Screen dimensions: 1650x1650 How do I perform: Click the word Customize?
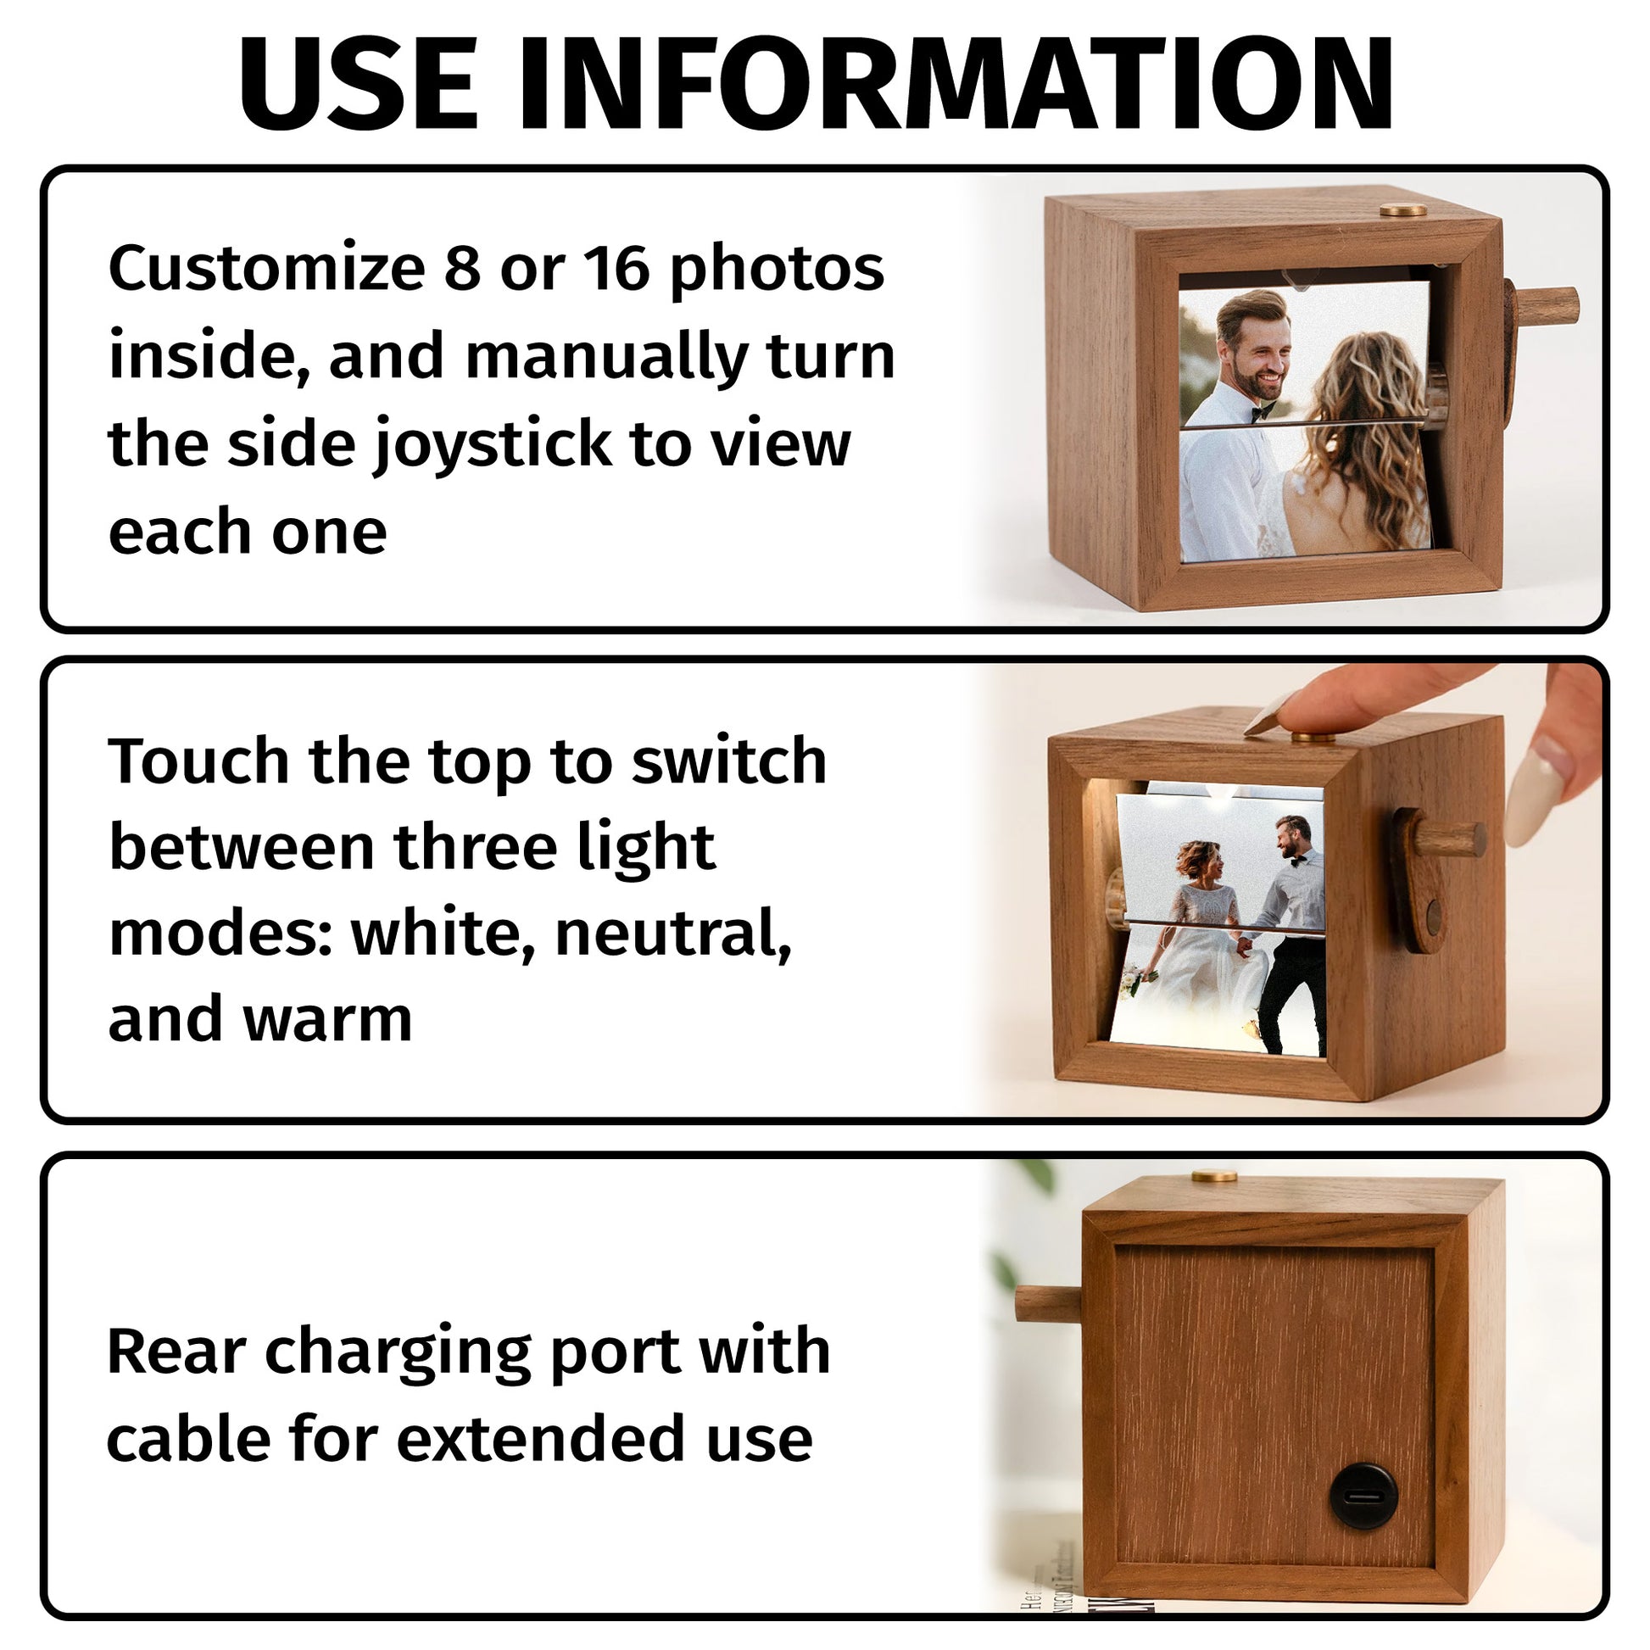point(266,268)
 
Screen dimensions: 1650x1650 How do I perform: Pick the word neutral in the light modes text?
point(673,934)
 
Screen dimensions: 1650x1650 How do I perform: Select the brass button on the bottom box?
point(1214,1176)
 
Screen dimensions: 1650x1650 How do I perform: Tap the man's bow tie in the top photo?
point(1263,415)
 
